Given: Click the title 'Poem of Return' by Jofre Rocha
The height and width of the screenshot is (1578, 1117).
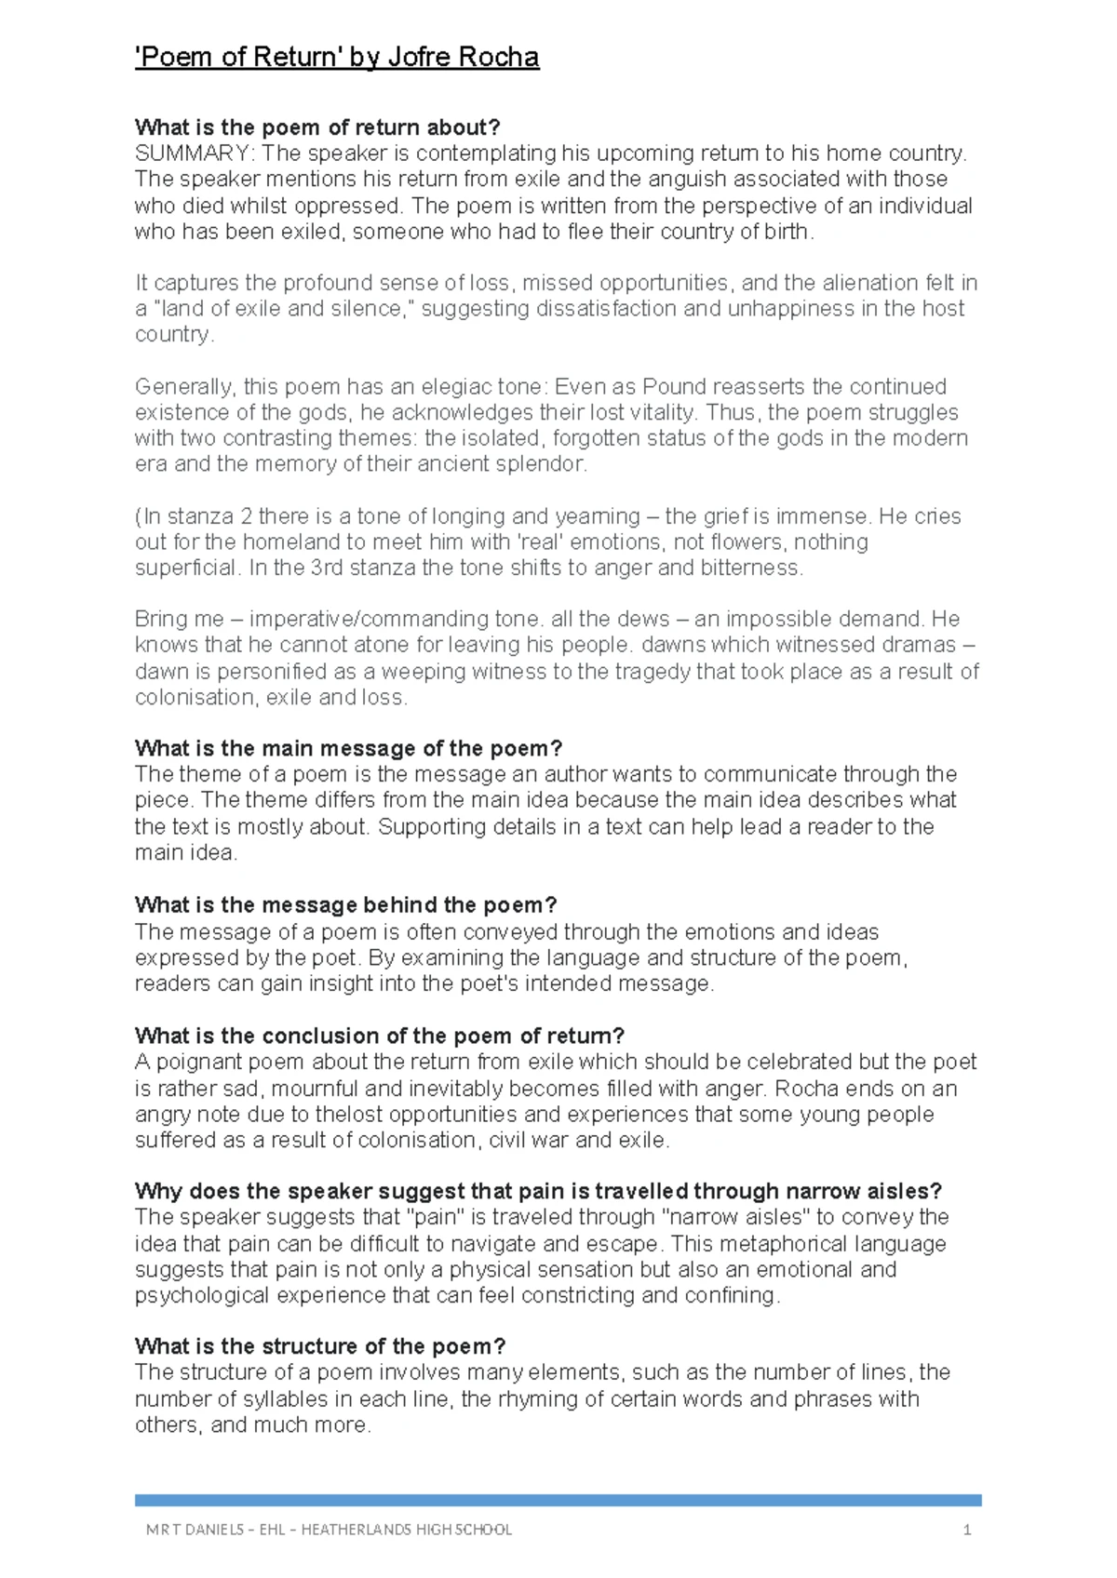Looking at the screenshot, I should click(337, 58).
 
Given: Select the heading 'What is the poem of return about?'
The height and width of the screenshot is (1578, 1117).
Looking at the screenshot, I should click(317, 127).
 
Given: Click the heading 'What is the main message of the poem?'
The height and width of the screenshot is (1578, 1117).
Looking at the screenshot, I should click(348, 748).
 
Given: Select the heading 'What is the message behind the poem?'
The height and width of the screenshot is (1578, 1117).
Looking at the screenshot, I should click(345, 905).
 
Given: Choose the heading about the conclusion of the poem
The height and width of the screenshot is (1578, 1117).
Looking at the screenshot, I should click(380, 1036).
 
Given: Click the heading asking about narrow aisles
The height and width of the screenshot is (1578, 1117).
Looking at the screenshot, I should click(538, 1191).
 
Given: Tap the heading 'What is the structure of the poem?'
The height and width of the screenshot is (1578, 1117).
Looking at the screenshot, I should click(320, 1346).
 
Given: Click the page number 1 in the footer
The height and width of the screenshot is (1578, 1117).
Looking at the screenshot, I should click(967, 1530).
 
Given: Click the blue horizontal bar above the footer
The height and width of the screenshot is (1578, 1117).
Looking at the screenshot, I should click(558, 1500).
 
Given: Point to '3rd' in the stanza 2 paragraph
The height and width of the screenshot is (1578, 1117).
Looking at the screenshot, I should click(327, 568).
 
